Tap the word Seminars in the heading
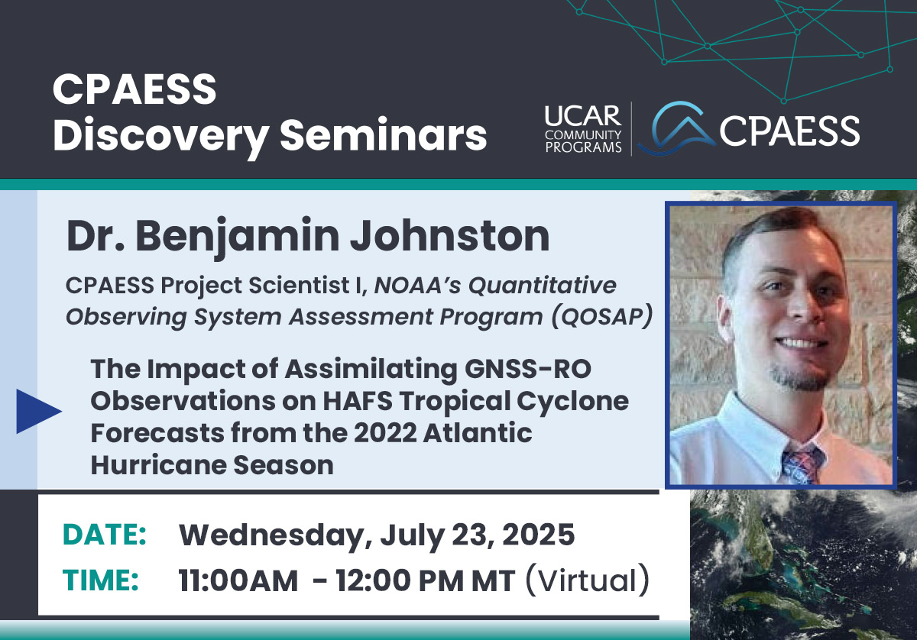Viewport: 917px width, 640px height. point(384,134)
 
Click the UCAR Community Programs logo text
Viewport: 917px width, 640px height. point(583,129)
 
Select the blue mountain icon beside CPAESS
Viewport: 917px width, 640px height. point(677,128)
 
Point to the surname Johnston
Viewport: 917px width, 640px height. point(450,236)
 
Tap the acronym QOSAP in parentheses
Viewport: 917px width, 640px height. point(602,316)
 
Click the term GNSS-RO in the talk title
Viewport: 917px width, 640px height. point(528,369)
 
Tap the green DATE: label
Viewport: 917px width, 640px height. point(105,535)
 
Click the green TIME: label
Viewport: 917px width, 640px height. point(101,580)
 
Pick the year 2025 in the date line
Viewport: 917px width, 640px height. point(538,535)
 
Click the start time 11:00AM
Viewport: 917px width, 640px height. point(238,580)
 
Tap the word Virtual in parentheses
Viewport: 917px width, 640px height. point(587,580)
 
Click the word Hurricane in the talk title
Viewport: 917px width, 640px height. point(158,465)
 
